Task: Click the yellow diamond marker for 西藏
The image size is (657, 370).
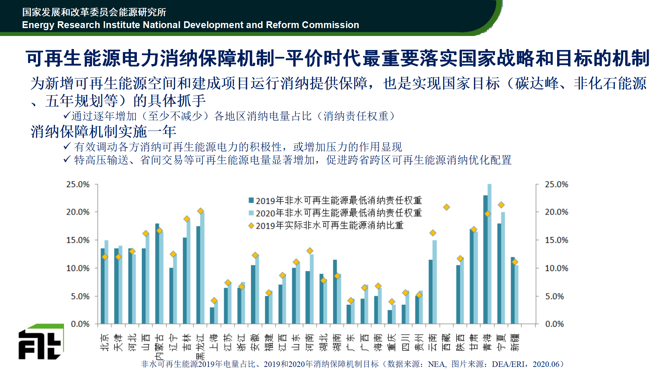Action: [446, 207]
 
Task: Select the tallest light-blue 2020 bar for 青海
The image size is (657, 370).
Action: [489, 254]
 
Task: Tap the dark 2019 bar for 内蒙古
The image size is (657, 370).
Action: [157, 274]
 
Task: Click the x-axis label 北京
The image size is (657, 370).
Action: [105, 342]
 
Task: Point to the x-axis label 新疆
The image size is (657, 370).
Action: [515, 342]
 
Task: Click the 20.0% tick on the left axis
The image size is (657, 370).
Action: [78, 212]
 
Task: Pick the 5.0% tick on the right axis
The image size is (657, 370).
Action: [554, 296]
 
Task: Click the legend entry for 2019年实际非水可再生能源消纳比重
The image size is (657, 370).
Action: [329, 225]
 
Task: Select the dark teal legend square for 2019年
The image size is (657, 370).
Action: [251, 200]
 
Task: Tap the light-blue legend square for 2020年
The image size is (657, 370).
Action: [251, 213]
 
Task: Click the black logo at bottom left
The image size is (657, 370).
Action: [40, 343]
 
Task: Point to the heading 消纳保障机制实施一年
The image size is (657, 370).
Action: [103, 132]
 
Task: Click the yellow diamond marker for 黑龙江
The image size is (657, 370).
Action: [201, 211]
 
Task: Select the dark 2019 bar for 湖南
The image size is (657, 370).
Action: [335, 291]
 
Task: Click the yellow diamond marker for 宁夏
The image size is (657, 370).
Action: [501, 205]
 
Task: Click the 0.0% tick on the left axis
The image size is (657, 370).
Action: [80, 324]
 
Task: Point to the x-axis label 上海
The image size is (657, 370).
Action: [214, 342]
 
